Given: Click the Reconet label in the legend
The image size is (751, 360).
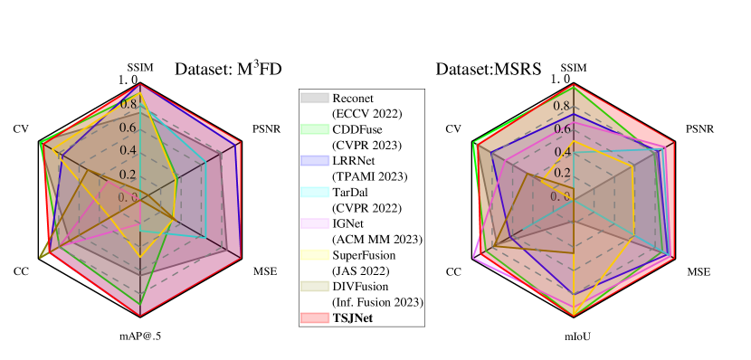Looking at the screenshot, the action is (x=353, y=98).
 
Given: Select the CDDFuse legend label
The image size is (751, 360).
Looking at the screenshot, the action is (x=356, y=129).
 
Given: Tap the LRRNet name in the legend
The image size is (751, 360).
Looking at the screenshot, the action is (x=355, y=160).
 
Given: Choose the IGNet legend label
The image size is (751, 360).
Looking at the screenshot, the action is (x=348, y=223).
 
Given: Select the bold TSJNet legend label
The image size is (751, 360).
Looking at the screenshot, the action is (x=353, y=317).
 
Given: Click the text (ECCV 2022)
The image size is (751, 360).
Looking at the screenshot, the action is (x=366, y=113).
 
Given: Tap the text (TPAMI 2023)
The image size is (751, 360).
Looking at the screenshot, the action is (x=370, y=175).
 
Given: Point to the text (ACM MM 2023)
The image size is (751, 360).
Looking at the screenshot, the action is (x=377, y=239).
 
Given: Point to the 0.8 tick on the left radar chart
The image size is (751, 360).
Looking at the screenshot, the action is (x=128, y=105).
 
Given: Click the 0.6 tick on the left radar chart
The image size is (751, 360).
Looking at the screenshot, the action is (x=128, y=128).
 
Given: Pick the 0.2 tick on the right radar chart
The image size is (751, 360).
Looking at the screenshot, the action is (x=563, y=173).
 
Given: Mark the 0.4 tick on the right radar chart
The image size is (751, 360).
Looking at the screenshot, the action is (x=563, y=151).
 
